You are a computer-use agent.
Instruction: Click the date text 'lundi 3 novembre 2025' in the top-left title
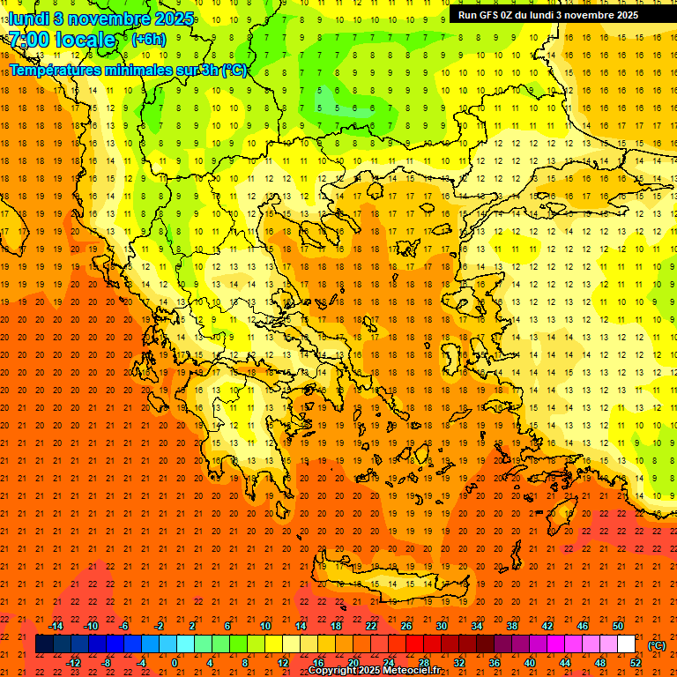(x=102, y=19)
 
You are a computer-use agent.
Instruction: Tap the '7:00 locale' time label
(x=62, y=40)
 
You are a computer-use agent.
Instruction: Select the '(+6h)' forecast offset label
(x=147, y=40)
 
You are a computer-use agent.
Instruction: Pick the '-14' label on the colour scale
(x=56, y=626)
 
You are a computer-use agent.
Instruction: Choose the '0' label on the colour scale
(x=175, y=663)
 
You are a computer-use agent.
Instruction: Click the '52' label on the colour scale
(x=635, y=663)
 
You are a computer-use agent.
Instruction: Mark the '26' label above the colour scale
(x=406, y=626)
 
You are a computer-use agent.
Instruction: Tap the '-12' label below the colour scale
(x=73, y=663)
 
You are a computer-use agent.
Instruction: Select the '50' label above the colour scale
(x=617, y=626)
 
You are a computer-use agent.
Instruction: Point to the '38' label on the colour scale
(x=512, y=626)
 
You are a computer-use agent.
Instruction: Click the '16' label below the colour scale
(x=317, y=663)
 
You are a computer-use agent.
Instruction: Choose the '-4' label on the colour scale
(x=142, y=663)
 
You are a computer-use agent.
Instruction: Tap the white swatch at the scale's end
(x=626, y=644)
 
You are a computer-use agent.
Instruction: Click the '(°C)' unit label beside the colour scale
(x=657, y=645)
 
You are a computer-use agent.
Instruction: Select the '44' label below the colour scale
(x=564, y=663)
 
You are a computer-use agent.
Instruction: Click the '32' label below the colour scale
(x=458, y=663)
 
